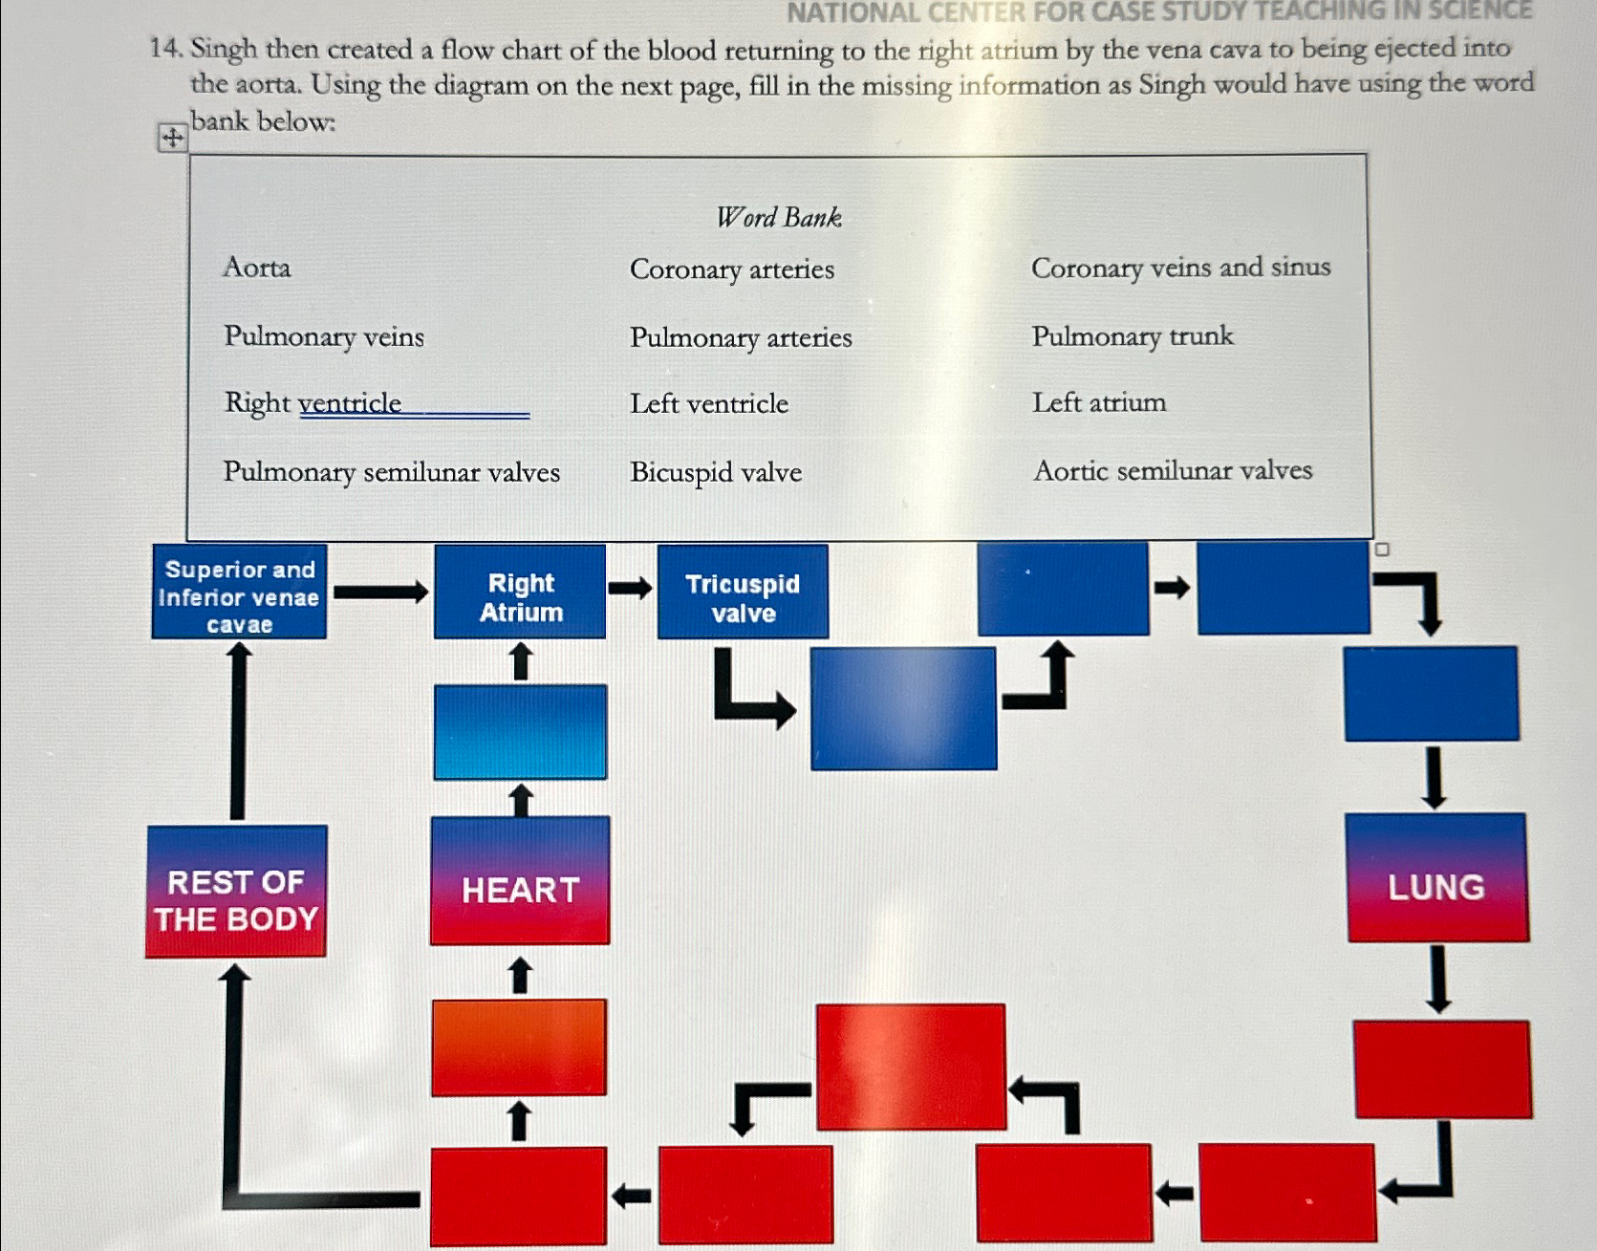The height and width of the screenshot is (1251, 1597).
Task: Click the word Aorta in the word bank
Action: coord(256,268)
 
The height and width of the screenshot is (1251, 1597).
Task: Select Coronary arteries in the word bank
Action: coord(731,270)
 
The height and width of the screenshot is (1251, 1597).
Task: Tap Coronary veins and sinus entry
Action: coord(1180,268)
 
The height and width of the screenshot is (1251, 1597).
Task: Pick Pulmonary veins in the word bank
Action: coord(324,336)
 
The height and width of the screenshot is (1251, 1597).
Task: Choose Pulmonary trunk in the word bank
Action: coord(1133,336)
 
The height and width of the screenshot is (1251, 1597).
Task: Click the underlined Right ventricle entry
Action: coord(313,403)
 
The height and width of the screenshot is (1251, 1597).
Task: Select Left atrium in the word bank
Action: coord(1099,402)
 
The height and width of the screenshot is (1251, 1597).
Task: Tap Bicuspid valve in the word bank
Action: coord(716,472)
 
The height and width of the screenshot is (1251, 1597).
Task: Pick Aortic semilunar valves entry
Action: coord(1173,470)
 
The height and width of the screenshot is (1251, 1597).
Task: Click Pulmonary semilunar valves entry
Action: coord(392,472)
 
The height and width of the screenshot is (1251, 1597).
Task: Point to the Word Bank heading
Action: coord(779,218)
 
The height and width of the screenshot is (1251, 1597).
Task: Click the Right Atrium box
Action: coord(520,593)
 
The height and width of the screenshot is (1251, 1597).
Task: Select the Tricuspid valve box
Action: coord(743,593)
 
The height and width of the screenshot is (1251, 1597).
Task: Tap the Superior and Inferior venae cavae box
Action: coord(239,593)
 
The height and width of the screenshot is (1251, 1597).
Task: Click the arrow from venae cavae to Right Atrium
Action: coord(380,593)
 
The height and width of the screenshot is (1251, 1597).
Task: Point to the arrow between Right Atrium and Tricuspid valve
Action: coord(631,588)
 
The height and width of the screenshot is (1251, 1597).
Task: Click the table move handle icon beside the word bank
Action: coord(172,138)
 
